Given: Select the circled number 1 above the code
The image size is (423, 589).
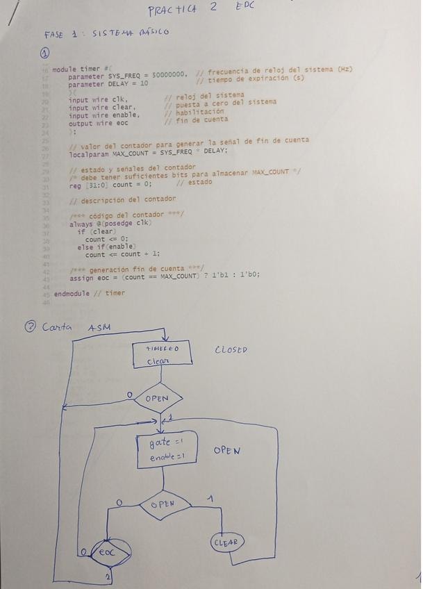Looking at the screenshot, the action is [x=45, y=53].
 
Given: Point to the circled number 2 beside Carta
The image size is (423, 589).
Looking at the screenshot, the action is [x=31, y=327].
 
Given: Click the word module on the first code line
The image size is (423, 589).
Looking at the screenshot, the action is [x=65, y=69].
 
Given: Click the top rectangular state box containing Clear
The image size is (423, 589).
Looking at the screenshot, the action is [x=161, y=354].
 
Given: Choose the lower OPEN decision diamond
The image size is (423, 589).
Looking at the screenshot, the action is [x=163, y=504].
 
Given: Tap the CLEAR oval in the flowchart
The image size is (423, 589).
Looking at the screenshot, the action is [x=226, y=542].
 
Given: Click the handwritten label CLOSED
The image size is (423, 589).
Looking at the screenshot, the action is [x=231, y=349].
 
